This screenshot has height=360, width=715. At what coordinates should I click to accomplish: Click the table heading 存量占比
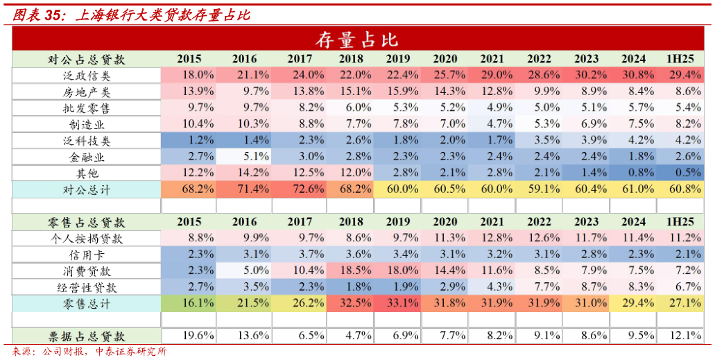point(357,39)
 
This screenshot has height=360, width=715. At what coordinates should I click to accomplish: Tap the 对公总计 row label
point(87,189)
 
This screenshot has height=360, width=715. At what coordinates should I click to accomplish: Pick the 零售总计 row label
point(87,302)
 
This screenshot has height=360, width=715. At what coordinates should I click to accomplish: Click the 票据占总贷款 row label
point(87,336)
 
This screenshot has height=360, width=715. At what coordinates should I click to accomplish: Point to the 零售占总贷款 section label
point(87,222)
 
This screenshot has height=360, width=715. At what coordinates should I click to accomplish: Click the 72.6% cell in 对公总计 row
point(300,189)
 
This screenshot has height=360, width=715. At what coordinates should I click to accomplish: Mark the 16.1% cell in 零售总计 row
point(189,302)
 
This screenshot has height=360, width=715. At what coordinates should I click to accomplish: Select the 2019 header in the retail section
point(397,222)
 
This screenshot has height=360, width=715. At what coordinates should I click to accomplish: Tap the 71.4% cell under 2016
point(244,189)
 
